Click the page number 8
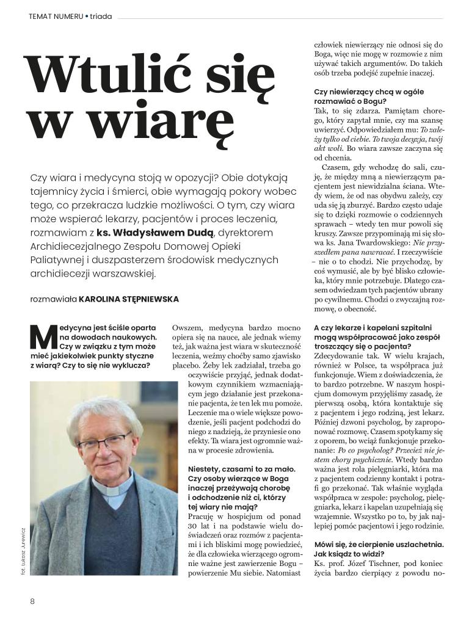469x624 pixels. pyautogui.click(x=32, y=601)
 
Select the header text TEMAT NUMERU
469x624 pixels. pyautogui.click(x=55, y=16)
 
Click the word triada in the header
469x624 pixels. pyautogui.click(x=101, y=16)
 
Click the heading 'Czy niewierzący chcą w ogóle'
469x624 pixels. pyautogui.click(x=360, y=92)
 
